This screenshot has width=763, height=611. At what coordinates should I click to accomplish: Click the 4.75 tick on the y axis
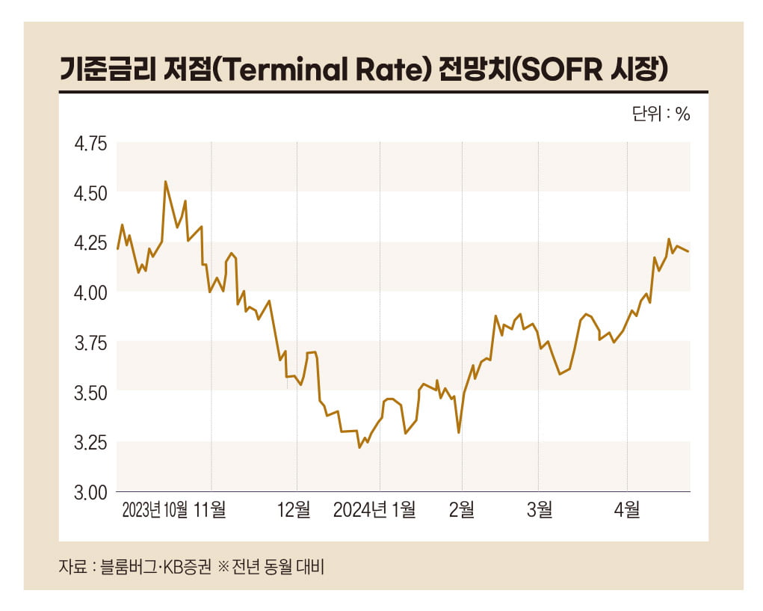point(90,143)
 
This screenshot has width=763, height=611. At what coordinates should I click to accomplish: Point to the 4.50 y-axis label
point(90,193)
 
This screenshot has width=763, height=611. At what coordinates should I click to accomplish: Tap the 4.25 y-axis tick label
point(90,242)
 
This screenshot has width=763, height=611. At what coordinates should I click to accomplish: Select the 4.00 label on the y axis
point(90,292)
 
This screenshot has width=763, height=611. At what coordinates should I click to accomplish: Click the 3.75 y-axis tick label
point(90,343)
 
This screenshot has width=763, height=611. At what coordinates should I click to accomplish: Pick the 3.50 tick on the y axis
point(90,392)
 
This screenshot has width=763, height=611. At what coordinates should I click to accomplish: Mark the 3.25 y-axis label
point(90,442)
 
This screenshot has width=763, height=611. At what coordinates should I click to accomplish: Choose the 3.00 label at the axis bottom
point(90,492)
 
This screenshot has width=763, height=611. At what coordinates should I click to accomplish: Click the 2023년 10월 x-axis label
point(155,510)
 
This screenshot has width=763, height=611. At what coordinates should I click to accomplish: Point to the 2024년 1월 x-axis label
point(374,510)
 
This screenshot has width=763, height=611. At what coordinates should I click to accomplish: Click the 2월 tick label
point(461,510)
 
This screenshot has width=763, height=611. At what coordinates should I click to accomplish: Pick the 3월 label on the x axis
point(539,510)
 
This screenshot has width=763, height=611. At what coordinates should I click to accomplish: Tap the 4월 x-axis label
point(627,510)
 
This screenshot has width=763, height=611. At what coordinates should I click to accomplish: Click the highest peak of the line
point(165,182)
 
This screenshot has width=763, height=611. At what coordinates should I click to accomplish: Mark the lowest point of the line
point(359,447)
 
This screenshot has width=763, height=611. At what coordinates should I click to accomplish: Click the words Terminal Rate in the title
point(329,69)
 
